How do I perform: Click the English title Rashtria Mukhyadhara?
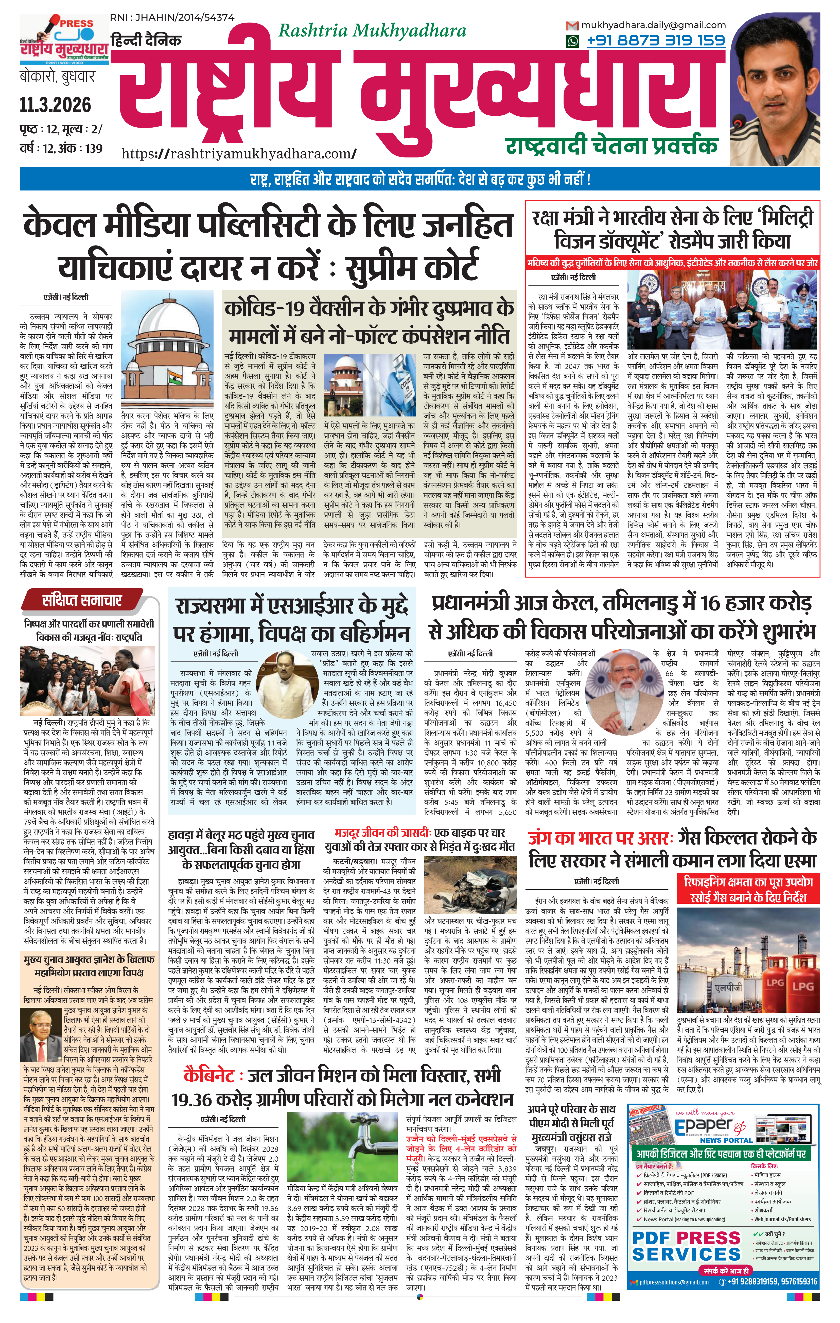[372, 31]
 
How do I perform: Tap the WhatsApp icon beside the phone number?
[573, 41]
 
